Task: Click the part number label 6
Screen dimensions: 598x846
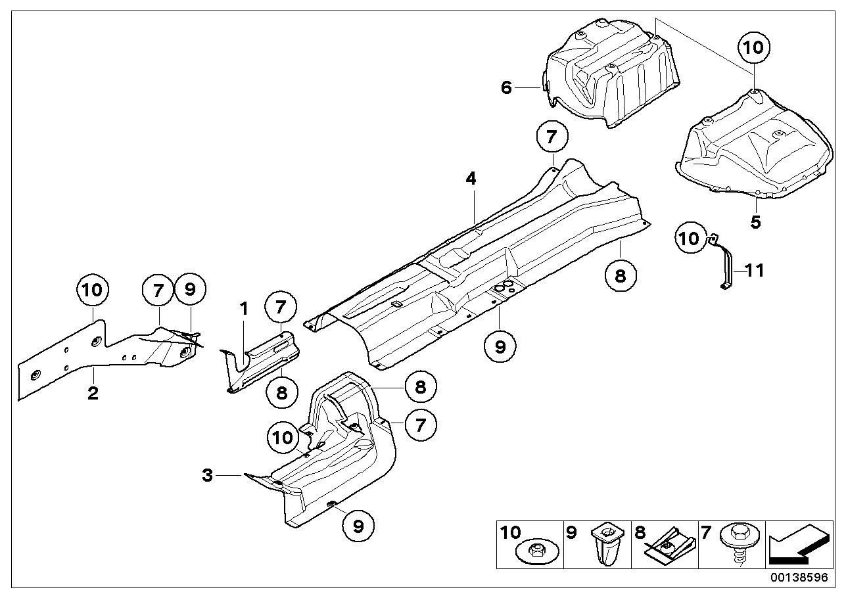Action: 506,87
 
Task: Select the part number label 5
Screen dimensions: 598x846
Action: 755,222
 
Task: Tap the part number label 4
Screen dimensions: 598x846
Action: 471,178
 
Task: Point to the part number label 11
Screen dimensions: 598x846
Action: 755,269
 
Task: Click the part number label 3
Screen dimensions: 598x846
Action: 208,474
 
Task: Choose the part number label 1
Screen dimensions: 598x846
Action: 244,308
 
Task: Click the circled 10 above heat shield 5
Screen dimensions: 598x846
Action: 753,47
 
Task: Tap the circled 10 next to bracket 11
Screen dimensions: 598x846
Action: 690,238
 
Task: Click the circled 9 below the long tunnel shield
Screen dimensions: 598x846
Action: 500,346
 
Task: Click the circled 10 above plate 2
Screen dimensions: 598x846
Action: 93,290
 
